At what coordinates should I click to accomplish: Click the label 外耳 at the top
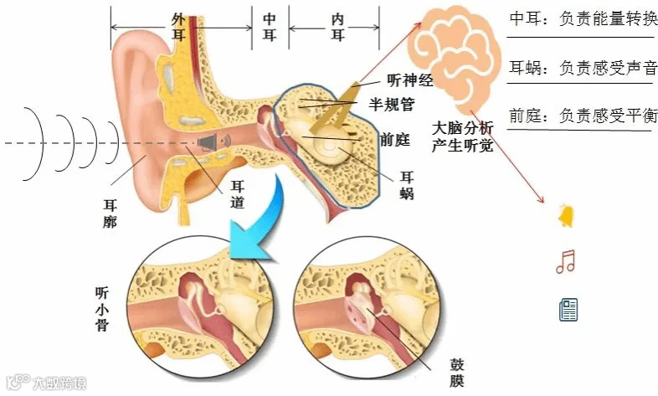click(177, 27)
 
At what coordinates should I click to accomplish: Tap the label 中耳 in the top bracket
click(270, 27)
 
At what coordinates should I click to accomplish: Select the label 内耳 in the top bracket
click(337, 27)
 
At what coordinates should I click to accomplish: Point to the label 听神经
click(410, 81)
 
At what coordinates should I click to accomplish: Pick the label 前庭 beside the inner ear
click(394, 139)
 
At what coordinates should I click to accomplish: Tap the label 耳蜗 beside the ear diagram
click(407, 186)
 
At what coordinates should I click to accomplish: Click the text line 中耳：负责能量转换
click(583, 18)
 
